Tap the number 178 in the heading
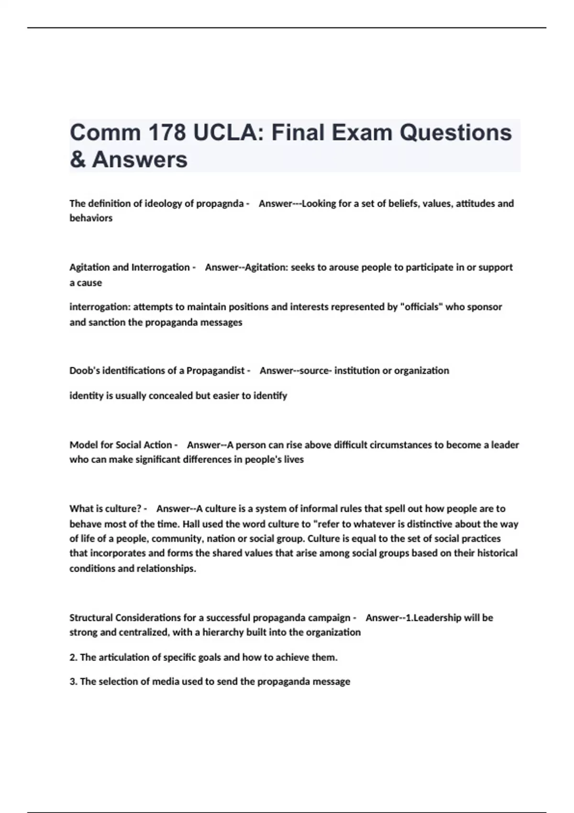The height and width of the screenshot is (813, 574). [x=166, y=132]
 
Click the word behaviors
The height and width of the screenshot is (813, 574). [x=91, y=218]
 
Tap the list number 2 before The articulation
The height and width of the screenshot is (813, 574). [x=73, y=658]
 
